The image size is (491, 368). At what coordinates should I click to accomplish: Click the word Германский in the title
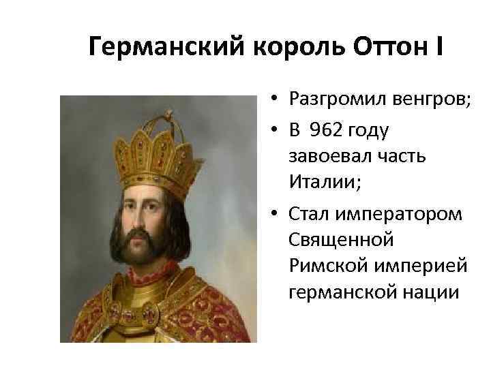pyautogui.click(x=156, y=47)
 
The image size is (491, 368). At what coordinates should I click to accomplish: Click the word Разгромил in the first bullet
pyautogui.click(x=331, y=102)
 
